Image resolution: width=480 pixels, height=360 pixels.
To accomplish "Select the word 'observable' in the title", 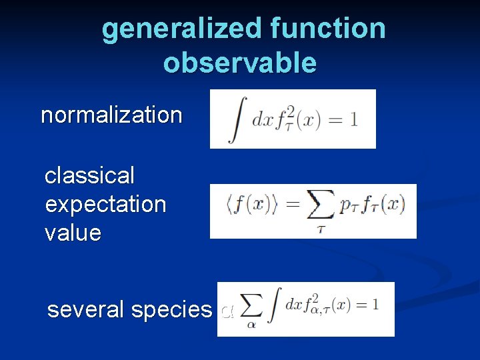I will coord(240,63).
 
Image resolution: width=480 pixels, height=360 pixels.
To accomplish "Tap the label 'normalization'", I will coord(111,115).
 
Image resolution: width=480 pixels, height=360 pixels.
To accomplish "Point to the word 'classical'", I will coord(89,176).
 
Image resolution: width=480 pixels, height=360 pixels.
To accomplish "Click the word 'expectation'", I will coord(105,205).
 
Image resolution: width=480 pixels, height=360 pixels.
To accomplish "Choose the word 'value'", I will coord(73,233).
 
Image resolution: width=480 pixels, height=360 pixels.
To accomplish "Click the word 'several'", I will coord(86,310).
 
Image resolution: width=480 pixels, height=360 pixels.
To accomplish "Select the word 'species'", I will coord(172,310).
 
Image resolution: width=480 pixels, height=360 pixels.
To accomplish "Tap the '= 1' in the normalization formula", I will coord(344,120).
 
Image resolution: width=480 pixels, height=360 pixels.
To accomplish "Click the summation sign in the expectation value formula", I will coord(320,207).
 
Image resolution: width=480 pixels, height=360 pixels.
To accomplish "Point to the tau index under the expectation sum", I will coord(320,229).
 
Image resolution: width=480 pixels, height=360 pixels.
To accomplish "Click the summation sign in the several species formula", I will coord(251,305).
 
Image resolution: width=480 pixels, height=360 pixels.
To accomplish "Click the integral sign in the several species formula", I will coord(273,307).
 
